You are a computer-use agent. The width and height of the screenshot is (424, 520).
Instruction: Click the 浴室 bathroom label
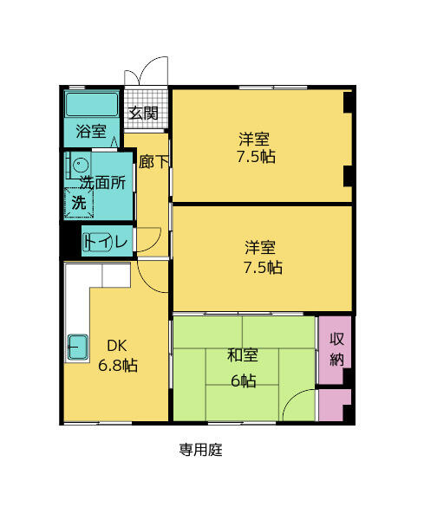click(91, 132)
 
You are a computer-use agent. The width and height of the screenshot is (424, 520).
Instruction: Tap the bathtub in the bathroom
click(92, 106)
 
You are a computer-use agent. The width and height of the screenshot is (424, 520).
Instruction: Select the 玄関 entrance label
click(144, 113)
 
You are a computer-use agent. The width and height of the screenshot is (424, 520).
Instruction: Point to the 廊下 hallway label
click(153, 161)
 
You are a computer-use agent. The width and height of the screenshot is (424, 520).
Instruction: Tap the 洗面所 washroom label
click(103, 183)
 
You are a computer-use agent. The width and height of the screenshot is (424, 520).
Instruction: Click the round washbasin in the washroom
click(80, 164)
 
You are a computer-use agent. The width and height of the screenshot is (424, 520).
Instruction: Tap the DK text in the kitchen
click(117, 346)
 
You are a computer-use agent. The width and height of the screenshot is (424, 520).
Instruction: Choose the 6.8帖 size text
click(117, 365)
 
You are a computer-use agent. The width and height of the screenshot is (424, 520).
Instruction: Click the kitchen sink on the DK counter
click(77, 347)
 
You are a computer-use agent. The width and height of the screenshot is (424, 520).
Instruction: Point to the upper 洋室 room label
click(255, 139)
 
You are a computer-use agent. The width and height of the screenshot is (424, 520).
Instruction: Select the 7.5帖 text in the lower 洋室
click(262, 267)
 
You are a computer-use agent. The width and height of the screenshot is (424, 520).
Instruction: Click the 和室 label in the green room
click(242, 355)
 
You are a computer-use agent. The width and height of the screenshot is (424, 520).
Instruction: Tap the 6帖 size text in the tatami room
click(242, 380)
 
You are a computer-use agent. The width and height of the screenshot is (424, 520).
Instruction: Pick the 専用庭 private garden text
click(201, 450)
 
